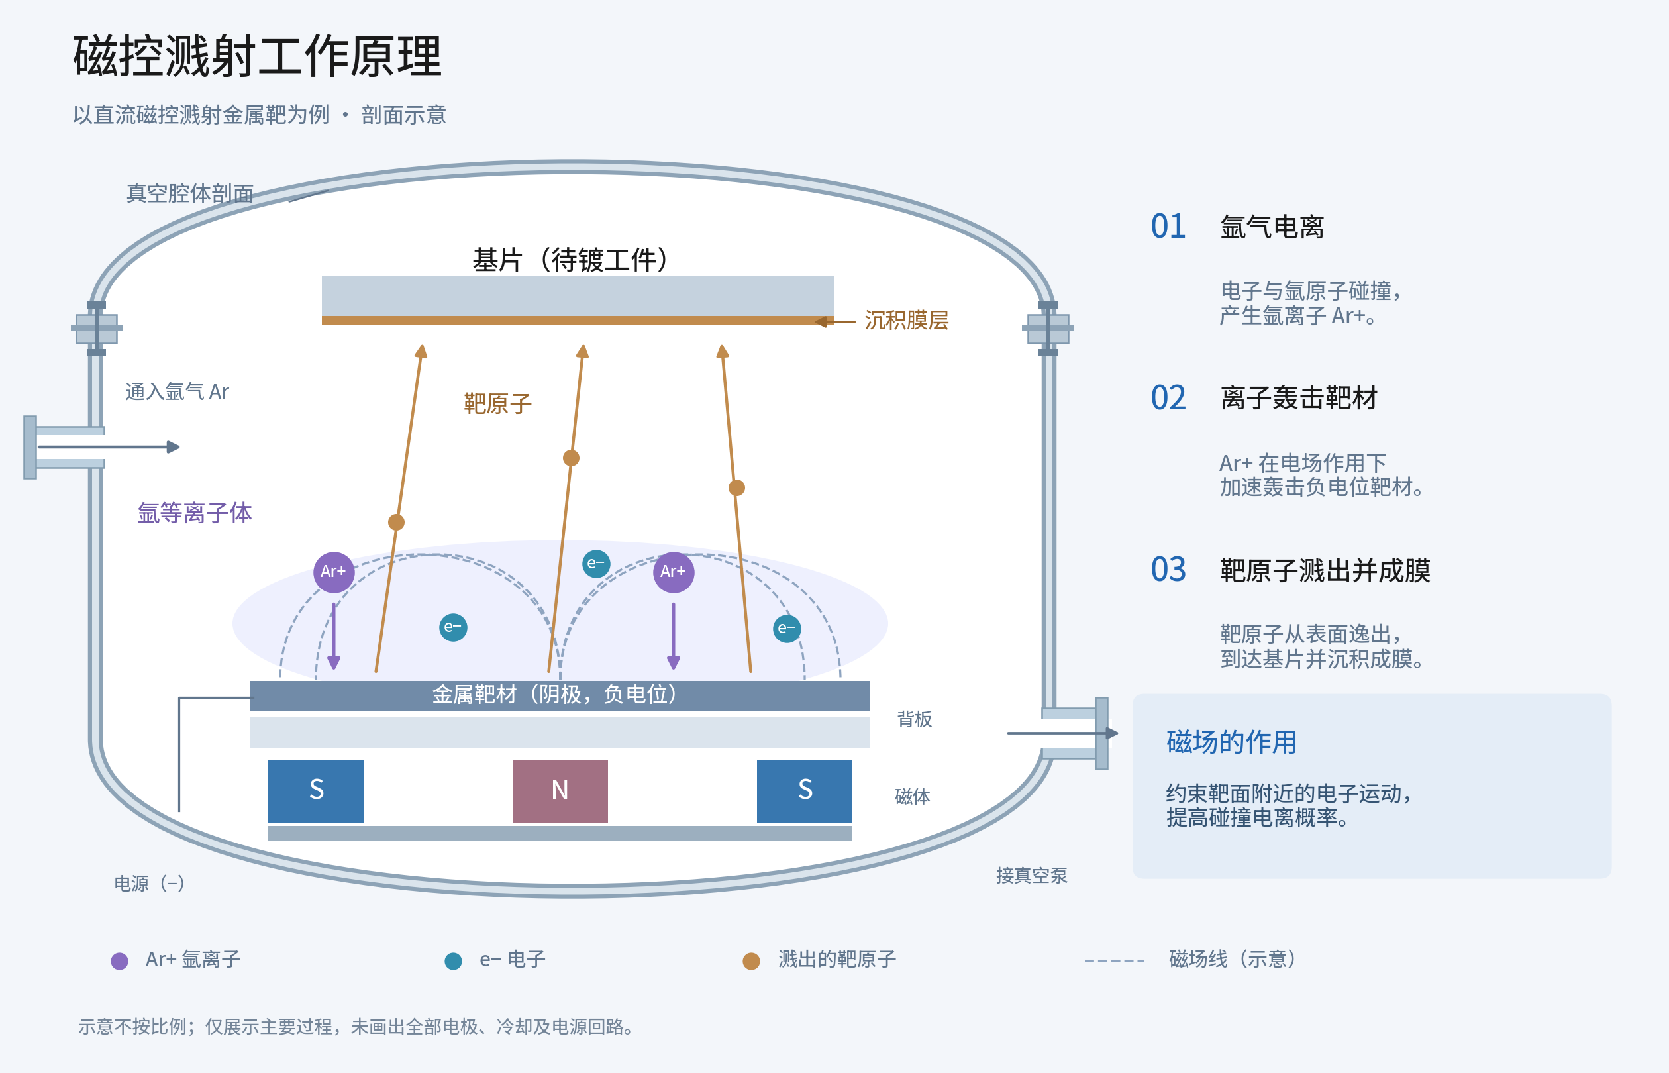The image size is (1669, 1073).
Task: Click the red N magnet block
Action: [x=560, y=791]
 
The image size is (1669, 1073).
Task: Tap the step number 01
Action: [x=1168, y=227]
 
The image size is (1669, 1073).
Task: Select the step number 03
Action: [x=1168, y=570]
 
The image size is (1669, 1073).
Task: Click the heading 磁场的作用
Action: [x=1231, y=742]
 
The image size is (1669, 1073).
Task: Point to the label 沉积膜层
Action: [x=906, y=321]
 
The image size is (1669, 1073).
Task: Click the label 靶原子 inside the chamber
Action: [x=497, y=403]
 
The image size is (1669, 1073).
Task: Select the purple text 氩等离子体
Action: [x=194, y=513]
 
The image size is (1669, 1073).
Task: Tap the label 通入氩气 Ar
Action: [x=177, y=391]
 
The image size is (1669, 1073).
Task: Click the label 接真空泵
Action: [x=1031, y=875]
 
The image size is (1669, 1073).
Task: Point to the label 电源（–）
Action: [x=149, y=884]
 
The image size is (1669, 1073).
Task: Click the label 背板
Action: [x=914, y=719]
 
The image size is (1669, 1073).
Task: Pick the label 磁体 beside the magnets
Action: [x=912, y=796]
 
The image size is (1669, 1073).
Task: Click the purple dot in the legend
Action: [x=120, y=962]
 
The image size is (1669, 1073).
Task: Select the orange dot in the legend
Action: [x=751, y=962]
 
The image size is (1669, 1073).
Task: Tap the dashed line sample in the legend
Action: [x=1114, y=961]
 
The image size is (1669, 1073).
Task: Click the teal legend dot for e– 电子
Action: [x=454, y=962]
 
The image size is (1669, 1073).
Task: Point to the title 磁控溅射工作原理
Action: [x=258, y=56]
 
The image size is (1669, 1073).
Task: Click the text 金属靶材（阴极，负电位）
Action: [x=554, y=694]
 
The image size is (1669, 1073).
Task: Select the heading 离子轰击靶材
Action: [x=1299, y=398]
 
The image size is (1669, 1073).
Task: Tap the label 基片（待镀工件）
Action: [x=570, y=260]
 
